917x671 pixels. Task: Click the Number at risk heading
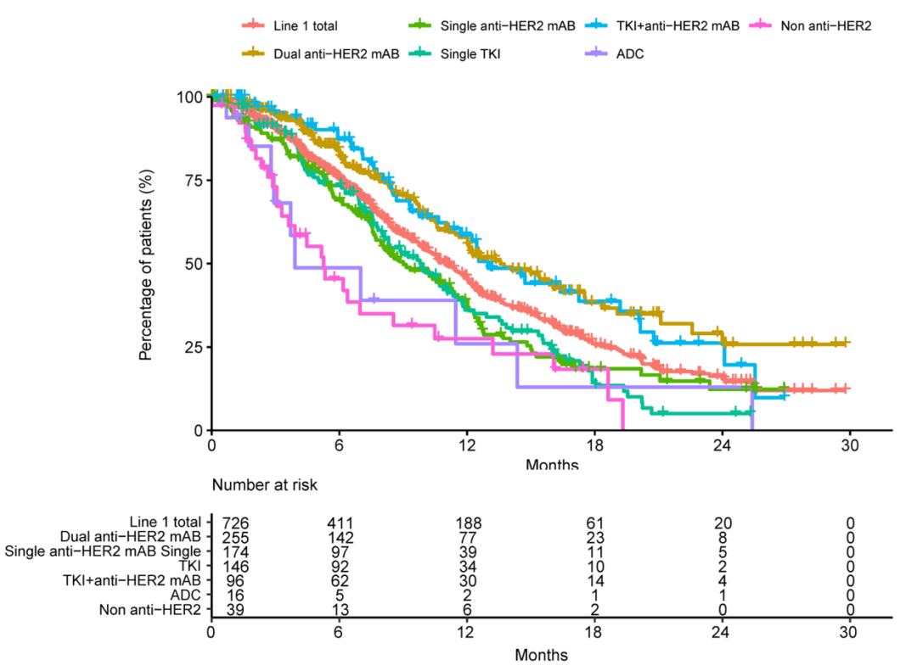(265, 485)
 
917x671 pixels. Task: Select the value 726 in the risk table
(235, 523)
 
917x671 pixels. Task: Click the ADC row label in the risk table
(188, 595)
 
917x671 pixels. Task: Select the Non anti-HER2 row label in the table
(150, 609)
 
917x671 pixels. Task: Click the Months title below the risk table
(542, 655)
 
